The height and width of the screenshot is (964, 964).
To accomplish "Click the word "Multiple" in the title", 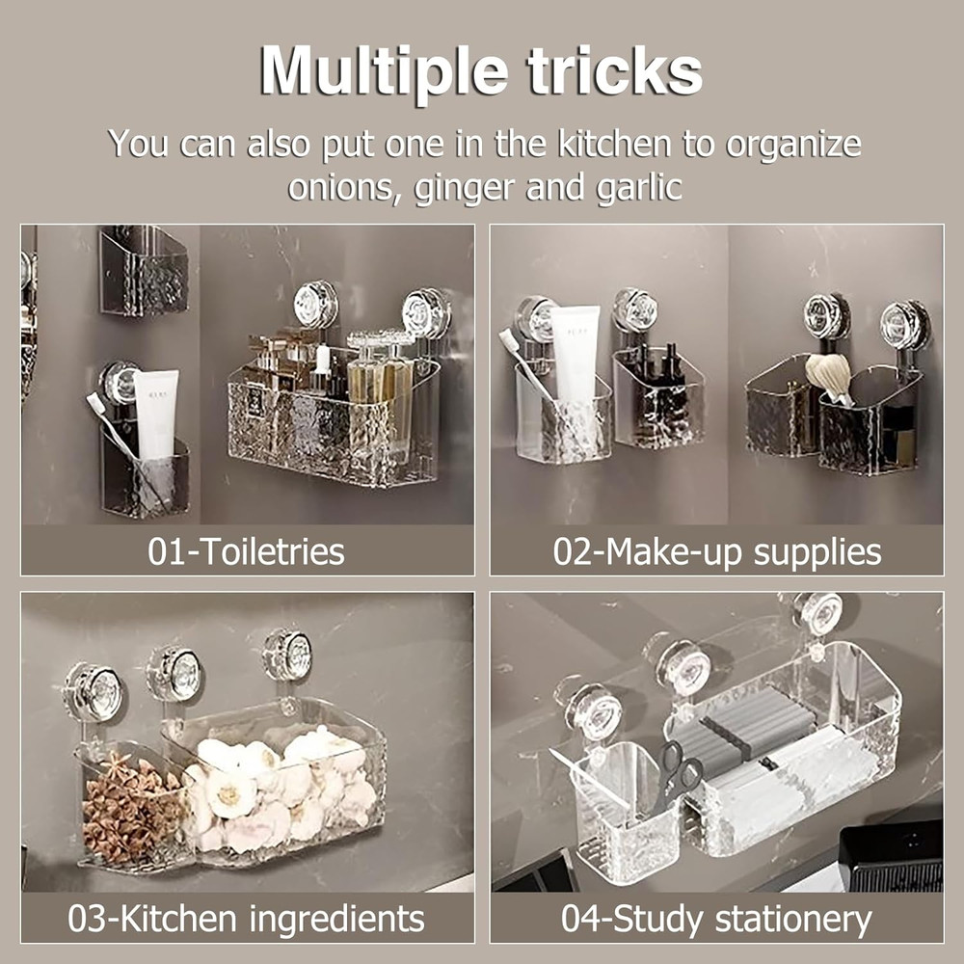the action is coord(384,70).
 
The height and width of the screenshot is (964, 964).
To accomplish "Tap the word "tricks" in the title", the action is coord(614,69).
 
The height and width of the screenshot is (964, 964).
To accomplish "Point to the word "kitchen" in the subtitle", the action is coord(613,144).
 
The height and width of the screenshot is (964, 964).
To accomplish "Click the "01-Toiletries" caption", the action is coord(246,550).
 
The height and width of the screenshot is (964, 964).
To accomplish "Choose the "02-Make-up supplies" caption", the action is coord(717,551).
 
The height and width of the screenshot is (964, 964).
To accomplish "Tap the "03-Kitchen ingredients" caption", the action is coord(246,919).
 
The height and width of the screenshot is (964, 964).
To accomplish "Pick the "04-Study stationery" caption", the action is coord(716,919).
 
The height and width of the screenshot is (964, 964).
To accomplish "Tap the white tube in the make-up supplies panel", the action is coord(575,357).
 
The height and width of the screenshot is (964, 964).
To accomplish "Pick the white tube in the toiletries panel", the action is coord(156,415).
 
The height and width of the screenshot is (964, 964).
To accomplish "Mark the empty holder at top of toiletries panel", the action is coord(144,271).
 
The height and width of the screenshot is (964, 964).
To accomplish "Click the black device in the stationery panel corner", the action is coord(892,855).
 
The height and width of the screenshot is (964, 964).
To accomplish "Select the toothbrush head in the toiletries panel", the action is coord(94,403).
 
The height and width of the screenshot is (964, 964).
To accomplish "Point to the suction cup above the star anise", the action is coord(94,691).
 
